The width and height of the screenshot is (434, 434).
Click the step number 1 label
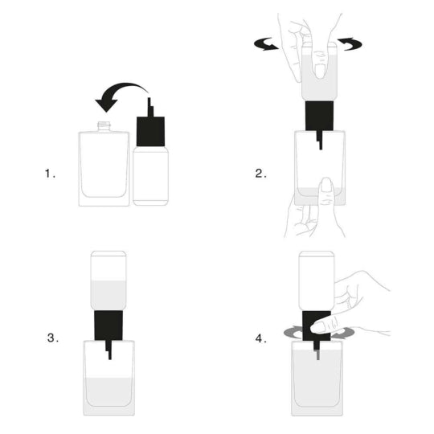[x=51, y=172]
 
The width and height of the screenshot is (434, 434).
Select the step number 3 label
[x=52, y=338]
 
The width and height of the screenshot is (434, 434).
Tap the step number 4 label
[x=260, y=338]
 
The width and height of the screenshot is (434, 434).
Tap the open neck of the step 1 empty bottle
[x=104, y=126]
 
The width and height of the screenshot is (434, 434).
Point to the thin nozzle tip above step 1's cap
[x=149, y=105]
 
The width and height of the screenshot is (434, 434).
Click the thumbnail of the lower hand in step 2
[x=326, y=187]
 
